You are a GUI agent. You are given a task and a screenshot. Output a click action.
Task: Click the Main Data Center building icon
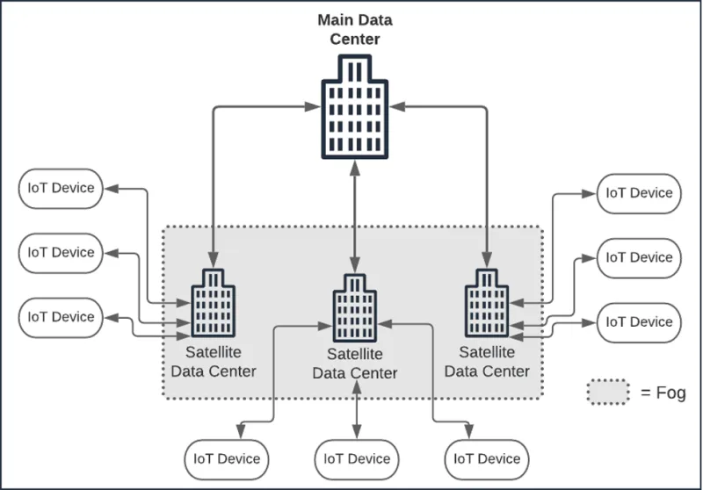pos(354,110)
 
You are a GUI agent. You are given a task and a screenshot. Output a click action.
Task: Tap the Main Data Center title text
pos(354,28)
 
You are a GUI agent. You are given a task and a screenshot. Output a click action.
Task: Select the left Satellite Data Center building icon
pos(213,303)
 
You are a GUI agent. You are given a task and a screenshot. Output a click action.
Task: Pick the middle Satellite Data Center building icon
pos(354,309)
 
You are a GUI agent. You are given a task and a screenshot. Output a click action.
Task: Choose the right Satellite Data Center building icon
pos(484,303)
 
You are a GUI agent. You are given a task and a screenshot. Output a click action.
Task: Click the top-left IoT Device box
pos(61,188)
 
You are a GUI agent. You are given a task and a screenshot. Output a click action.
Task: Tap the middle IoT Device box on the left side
pos(61,253)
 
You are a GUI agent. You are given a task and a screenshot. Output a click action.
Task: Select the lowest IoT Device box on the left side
pos(61,317)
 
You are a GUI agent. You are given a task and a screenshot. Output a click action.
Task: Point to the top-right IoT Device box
pos(639,193)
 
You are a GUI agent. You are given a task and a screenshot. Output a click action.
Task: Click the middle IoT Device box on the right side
pos(639,258)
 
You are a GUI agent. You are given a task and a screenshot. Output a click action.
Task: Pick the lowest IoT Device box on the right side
pos(639,322)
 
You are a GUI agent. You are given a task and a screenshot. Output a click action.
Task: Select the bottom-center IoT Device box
pos(356,459)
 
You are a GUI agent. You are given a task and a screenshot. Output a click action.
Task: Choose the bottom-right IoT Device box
pos(486,459)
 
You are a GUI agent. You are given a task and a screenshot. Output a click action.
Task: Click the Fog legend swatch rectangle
pos(608,392)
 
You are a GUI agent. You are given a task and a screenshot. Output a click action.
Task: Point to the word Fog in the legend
pos(669,393)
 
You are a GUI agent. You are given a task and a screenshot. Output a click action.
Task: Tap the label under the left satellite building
pos(214,362)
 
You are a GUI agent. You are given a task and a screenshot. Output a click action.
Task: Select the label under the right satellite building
pos(487,362)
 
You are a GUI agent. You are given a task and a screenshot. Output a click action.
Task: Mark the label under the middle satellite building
pos(355,364)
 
